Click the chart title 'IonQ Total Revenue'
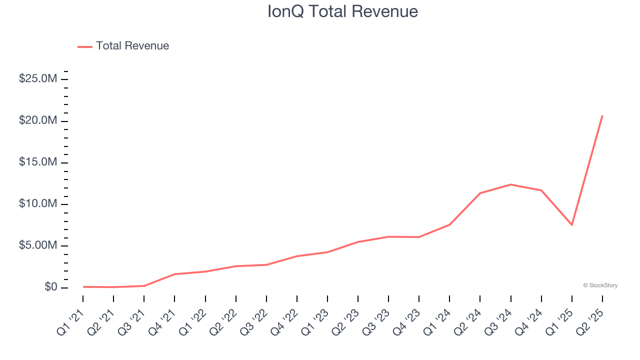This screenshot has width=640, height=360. click(x=342, y=11)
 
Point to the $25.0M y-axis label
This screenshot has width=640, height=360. click(x=37, y=79)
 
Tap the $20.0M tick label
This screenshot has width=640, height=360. click(x=37, y=120)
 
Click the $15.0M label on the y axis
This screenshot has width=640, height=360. click(x=37, y=162)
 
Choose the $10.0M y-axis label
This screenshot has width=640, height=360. click(x=37, y=204)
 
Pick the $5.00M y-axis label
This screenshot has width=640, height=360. click(x=37, y=245)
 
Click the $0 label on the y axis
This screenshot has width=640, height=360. click(x=51, y=287)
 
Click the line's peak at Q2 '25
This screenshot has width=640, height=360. click(x=602, y=116)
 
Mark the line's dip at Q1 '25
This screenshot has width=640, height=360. click(x=571, y=225)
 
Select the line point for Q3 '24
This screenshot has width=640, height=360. click(x=510, y=184)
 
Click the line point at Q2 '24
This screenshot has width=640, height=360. click(x=480, y=193)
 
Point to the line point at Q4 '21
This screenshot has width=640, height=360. click(x=174, y=274)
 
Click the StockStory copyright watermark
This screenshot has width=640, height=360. click(x=600, y=285)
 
